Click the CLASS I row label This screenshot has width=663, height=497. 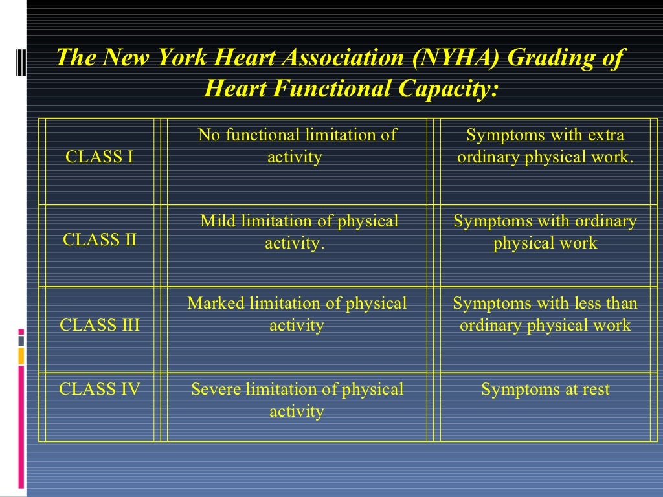click(100, 157)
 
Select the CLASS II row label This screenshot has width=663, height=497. click(100, 239)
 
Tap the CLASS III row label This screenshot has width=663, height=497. click(100, 325)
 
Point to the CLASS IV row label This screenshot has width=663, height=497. click(100, 390)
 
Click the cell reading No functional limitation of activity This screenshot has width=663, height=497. click(297, 146)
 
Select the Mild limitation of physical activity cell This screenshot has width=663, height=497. click(298, 232)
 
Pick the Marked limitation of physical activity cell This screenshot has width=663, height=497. click(297, 314)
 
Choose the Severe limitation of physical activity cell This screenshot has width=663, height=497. click(297, 400)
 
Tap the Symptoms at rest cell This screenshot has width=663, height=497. click(545, 390)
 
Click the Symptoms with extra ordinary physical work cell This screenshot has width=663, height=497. click(545, 146)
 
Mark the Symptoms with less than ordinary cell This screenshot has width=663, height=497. click(545, 314)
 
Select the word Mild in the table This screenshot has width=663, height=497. click(218, 221)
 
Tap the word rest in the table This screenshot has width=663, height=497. click(594, 390)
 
